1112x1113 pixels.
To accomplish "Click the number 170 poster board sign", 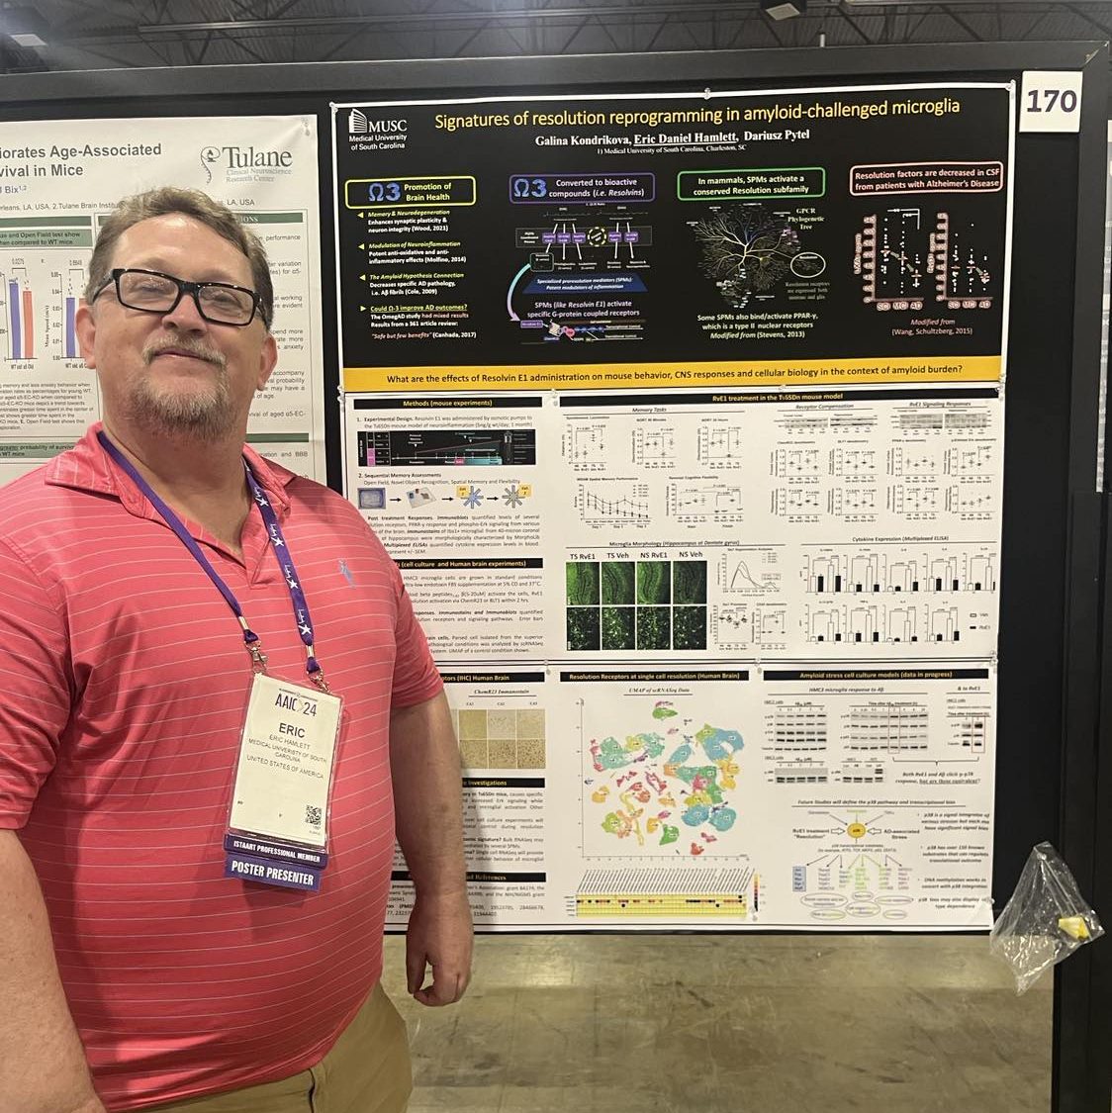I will click(1050, 102).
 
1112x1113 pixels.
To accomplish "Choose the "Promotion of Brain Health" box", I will click(407, 191).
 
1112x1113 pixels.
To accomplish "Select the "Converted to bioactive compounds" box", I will click(582, 188).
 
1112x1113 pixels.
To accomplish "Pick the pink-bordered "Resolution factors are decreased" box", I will click(927, 178).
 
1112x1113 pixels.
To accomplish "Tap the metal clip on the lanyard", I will click(259, 656).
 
